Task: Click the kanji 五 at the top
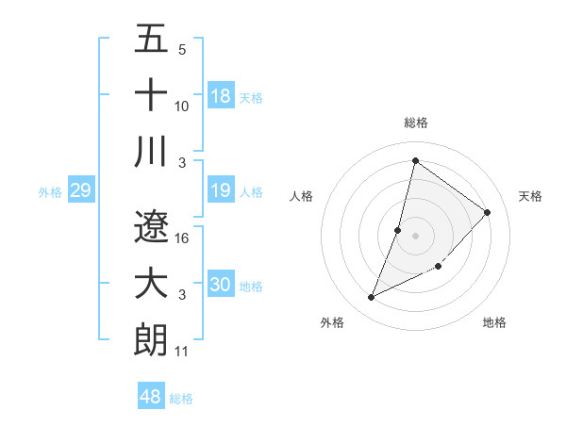(152, 39)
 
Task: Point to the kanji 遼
(152, 226)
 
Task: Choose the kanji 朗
(152, 339)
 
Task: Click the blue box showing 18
(221, 96)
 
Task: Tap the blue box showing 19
(221, 191)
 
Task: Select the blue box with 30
(221, 286)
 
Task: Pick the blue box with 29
(80, 191)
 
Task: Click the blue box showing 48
(151, 397)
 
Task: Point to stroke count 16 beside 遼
(182, 238)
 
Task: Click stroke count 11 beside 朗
(182, 352)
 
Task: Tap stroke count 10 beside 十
(182, 107)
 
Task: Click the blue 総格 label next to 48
(181, 399)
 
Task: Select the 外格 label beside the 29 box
(50, 192)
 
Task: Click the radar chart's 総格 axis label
(416, 123)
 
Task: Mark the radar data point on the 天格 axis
(488, 212)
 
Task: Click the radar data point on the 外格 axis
(372, 298)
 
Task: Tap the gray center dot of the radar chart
(415, 236)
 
